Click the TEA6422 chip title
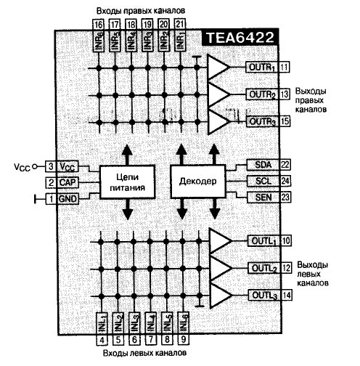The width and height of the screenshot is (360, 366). (x=240, y=37)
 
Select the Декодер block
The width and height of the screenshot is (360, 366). (x=198, y=182)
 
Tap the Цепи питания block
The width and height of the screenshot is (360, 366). (x=127, y=182)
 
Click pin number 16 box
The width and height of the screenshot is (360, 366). (x=98, y=25)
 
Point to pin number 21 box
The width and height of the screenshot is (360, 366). (x=180, y=24)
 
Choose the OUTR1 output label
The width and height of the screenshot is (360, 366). (x=263, y=67)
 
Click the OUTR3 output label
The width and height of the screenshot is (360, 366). (x=263, y=121)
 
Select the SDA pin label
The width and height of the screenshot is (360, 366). (x=263, y=165)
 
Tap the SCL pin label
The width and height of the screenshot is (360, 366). (x=263, y=181)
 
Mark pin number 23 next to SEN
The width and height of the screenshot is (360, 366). (x=285, y=198)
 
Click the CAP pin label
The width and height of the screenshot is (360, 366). (x=67, y=182)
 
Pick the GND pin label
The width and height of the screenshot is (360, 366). (x=67, y=199)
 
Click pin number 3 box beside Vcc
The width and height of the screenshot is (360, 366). (x=51, y=166)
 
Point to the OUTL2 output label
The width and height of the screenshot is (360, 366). (x=264, y=268)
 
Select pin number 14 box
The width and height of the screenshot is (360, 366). (x=287, y=296)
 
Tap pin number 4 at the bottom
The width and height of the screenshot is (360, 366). (x=102, y=340)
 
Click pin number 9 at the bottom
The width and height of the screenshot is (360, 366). (x=184, y=339)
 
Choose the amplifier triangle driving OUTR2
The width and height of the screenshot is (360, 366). (x=218, y=94)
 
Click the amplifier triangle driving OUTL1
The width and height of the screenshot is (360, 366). (x=220, y=241)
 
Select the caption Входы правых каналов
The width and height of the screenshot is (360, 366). (x=141, y=11)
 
